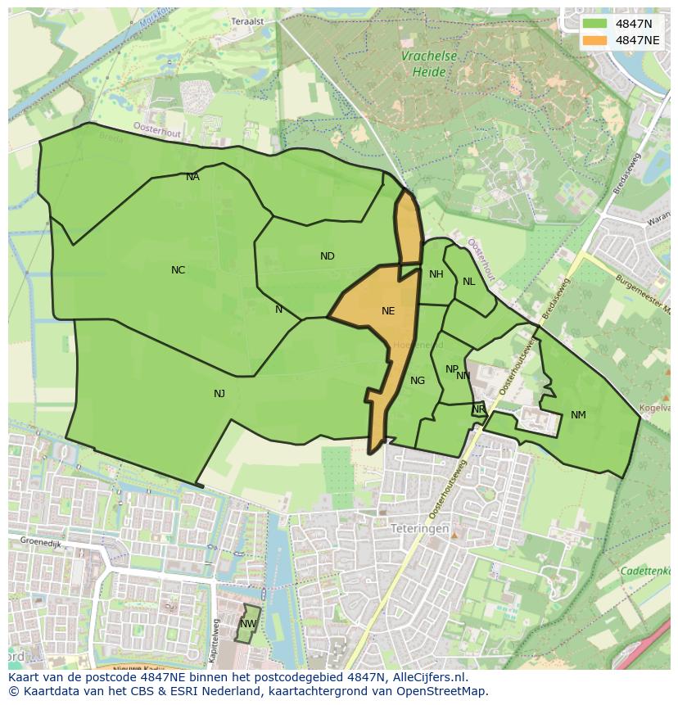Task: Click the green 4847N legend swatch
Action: [595, 23]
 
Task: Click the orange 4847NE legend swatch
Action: [595, 39]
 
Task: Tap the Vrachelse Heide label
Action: [428, 64]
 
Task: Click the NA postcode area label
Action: [192, 177]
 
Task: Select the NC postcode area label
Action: [178, 270]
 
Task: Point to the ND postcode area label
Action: [327, 256]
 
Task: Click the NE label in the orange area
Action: [388, 311]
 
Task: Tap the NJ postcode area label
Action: [219, 394]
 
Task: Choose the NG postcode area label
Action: [418, 381]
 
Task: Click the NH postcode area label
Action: [436, 274]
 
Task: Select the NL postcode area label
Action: [468, 282]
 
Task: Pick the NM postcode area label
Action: [578, 415]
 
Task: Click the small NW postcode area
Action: [248, 624]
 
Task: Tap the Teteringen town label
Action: [419, 529]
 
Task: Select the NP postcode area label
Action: [451, 369]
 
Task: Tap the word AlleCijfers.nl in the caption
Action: [427, 677]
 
